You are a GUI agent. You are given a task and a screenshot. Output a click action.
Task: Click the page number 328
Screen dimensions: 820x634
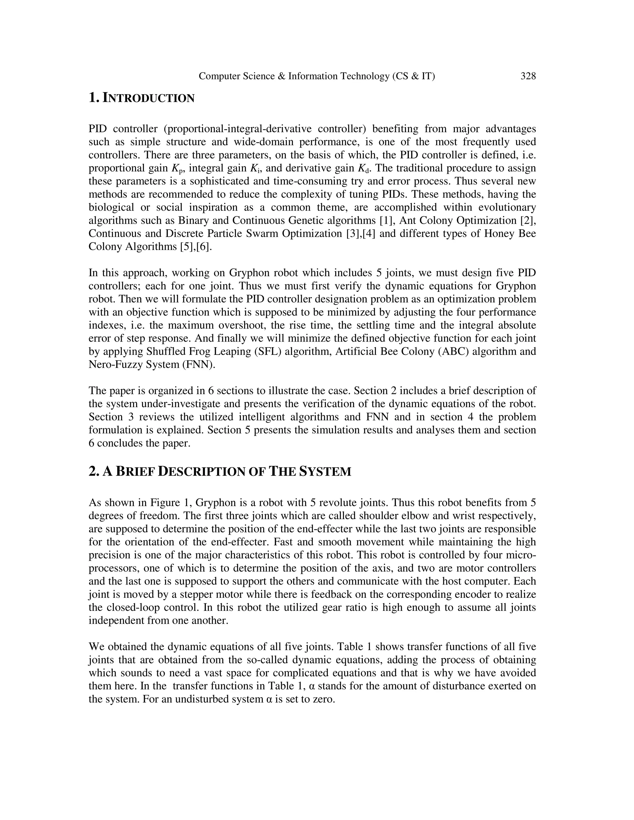pos(528,76)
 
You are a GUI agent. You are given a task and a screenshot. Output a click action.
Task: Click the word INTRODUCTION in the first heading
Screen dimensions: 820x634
pos(148,98)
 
